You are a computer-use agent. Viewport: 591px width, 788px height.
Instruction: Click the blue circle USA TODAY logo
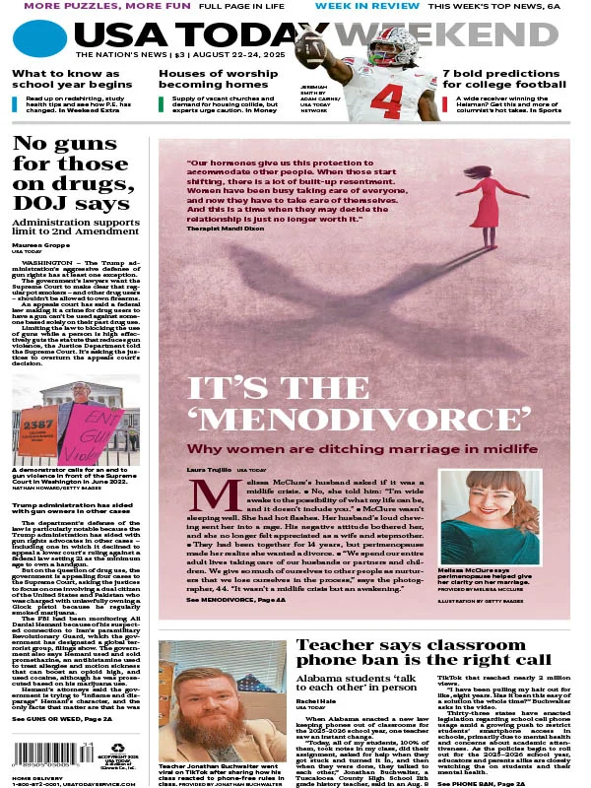[39, 40]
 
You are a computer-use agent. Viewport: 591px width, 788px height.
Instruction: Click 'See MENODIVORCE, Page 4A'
[234, 599]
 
